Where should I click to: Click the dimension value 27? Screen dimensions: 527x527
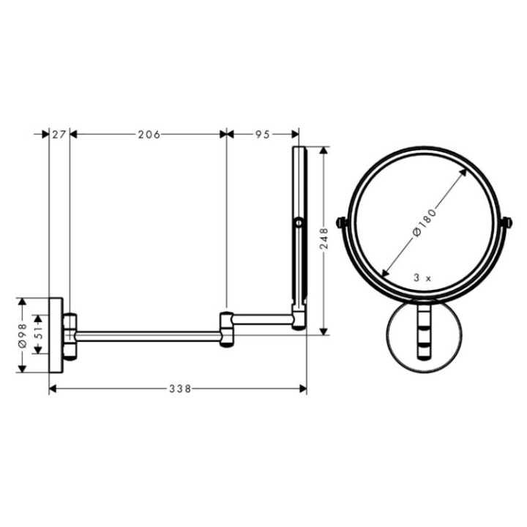click(x=59, y=134)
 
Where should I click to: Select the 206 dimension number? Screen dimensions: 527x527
click(x=149, y=134)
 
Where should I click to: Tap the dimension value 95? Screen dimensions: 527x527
click(x=263, y=134)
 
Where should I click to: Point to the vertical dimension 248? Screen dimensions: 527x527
click(x=324, y=239)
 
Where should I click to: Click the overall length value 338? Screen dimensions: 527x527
click(x=178, y=389)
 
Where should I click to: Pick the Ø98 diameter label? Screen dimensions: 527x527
click(x=22, y=335)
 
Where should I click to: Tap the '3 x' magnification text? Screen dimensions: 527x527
click(x=423, y=278)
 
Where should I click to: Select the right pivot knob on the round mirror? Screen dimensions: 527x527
click(x=506, y=222)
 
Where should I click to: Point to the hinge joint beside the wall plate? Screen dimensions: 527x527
click(x=70, y=335)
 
